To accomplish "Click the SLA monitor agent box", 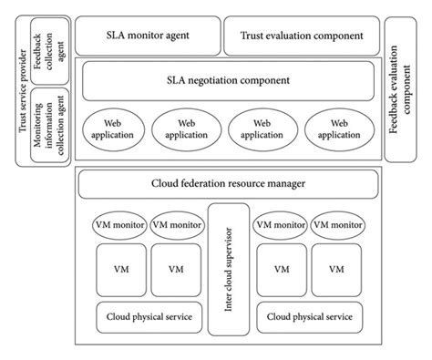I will coord(147,36).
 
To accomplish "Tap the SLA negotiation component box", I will coord(229,81).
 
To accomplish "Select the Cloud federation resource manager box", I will coord(228,184).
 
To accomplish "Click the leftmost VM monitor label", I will coord(118,223).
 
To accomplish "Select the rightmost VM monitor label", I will coord(337,223).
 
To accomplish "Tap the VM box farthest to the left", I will coord(118,270).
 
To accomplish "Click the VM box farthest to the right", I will coord(337,270).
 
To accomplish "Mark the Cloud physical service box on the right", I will coord(310,317).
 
